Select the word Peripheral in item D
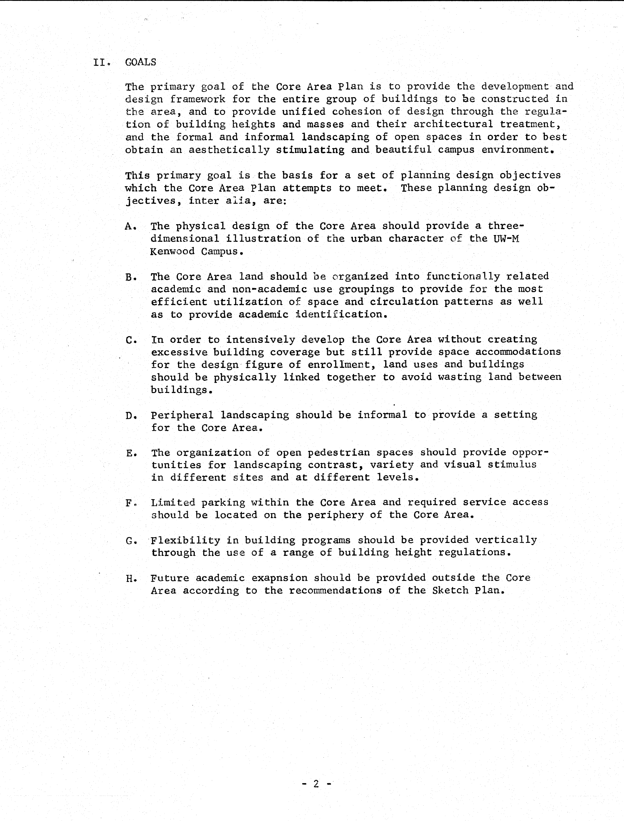click(x=182, y=415)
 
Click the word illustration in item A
click(x=263, y=239)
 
